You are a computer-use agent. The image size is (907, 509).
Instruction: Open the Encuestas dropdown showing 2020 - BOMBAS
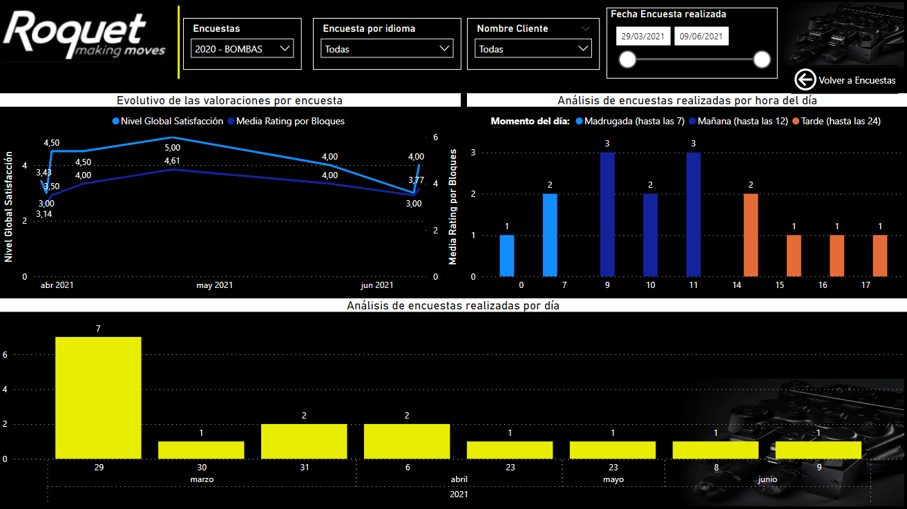(242, 48)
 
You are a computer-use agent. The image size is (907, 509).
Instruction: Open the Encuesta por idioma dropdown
(387, 48)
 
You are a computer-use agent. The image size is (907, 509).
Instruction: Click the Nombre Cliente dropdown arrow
(583, 48)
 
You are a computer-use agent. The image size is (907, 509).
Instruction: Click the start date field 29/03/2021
(643, 36)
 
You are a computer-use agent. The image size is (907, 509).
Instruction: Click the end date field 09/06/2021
(701, 36)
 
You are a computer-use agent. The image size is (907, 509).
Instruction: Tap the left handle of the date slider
(628, 59)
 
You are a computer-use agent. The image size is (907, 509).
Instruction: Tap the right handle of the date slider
(762, 59)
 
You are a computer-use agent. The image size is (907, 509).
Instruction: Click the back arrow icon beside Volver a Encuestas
(805, 79)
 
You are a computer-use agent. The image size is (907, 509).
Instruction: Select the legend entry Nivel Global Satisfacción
(168, 121)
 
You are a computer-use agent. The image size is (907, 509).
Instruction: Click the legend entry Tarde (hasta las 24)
(837, 121)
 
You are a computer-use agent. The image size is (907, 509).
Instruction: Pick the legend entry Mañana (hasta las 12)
(738, 121)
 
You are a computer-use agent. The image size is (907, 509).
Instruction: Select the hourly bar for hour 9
(607, 215)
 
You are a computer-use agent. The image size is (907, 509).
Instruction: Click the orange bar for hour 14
(751, 236)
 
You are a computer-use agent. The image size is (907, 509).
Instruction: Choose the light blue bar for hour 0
(507, 256)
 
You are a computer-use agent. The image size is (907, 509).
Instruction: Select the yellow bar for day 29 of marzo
(98, 398)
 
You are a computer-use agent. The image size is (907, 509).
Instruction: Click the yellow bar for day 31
(304, 441)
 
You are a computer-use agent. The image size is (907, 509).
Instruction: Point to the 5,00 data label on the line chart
(173, 148)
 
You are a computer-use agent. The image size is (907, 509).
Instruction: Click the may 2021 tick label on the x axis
(215, 285)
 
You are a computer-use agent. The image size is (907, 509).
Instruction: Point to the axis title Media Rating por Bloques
(452, 207)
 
